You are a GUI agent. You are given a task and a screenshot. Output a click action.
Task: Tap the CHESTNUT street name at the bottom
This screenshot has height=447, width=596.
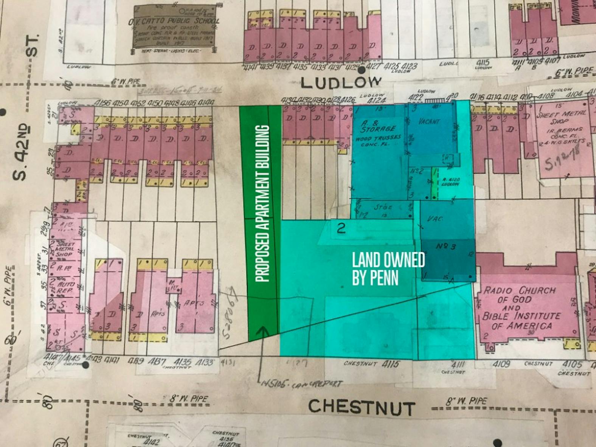[362, 407]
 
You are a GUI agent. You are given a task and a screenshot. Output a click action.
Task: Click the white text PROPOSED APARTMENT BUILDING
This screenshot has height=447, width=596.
[262, 203]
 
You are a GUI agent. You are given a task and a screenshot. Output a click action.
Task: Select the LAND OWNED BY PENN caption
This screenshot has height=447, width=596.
[388, 269]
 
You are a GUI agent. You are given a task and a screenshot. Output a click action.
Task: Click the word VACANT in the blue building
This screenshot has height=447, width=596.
[429, 121]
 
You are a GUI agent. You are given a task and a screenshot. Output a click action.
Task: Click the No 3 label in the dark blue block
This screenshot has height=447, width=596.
[446, 246]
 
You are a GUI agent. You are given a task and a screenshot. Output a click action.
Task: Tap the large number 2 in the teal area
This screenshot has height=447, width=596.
[341, 228]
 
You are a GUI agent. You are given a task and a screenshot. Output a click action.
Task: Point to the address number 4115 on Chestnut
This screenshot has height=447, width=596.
[391, 364]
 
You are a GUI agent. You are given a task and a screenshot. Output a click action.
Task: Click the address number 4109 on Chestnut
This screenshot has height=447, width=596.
[501, 364]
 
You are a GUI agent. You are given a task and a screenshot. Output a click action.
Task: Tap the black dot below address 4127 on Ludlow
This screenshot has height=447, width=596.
[362, 70]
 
